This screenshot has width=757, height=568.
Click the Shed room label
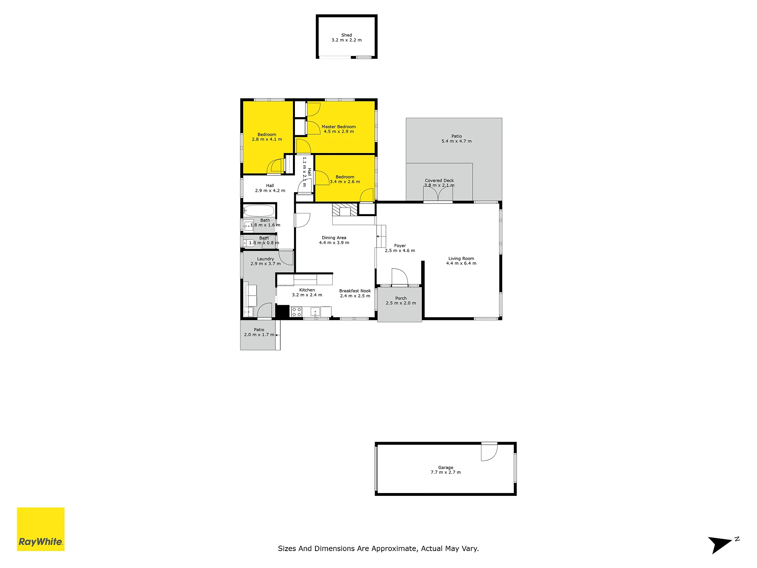point(347,35)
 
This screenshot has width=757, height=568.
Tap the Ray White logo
point(41,529)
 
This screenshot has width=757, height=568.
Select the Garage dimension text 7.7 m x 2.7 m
point(446,472)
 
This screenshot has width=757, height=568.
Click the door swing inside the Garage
point(489,452)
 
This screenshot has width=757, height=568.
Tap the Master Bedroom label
point(339,127)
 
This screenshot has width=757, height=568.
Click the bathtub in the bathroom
point(259,211)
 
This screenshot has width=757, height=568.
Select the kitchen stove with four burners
point(296,312)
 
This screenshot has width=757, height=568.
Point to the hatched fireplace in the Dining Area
point(345,209)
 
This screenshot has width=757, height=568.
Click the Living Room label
point(461,258)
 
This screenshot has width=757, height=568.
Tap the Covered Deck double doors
point(438,194)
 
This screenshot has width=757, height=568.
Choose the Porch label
point(401,298)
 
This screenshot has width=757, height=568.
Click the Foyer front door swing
point(399,277)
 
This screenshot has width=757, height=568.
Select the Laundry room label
point(265,259)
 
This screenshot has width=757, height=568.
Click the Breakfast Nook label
point(355,291)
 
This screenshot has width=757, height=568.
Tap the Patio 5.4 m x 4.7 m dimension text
point(457,141)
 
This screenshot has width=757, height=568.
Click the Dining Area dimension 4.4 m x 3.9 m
point(334,243)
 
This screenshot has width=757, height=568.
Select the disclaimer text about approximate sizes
point(378,548)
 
